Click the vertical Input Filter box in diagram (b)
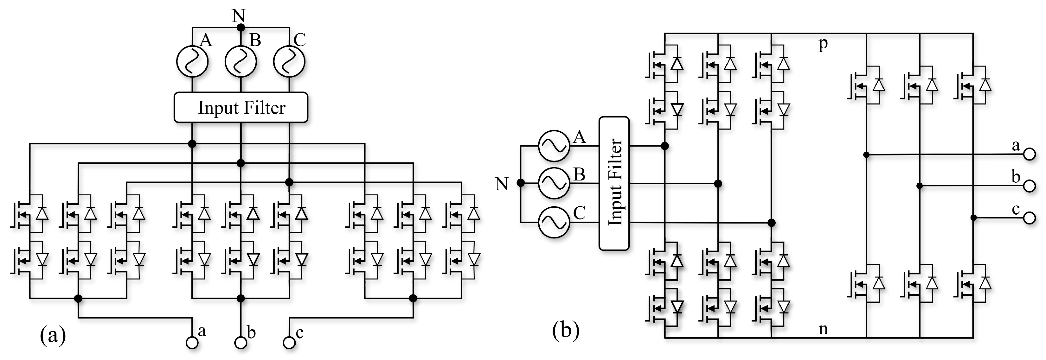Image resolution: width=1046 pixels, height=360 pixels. [x=614, y=183]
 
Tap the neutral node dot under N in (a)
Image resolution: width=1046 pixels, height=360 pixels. [x=241, y=28]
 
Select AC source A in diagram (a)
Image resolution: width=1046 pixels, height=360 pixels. [x=192, y=61]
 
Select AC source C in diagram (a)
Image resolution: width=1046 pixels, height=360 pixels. [x=289, y=61]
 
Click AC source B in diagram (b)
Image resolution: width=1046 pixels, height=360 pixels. [x=554, y=183]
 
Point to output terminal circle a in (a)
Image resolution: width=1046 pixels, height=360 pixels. [x=192, y=343]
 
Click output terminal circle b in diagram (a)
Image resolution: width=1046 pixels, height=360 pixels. [x=241, y=343]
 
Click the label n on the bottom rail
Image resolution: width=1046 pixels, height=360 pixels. [x=823, y=329]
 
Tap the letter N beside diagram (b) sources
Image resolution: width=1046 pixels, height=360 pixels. [x=502, y=184]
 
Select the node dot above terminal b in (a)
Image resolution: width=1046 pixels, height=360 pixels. [x=241, y=299]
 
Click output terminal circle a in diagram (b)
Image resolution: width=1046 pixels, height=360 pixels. [x=1029, y=154]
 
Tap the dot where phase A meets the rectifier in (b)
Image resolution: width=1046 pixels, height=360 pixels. [x=665, y=146]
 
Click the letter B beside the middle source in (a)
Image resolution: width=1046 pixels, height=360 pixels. [x=255, y=40]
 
